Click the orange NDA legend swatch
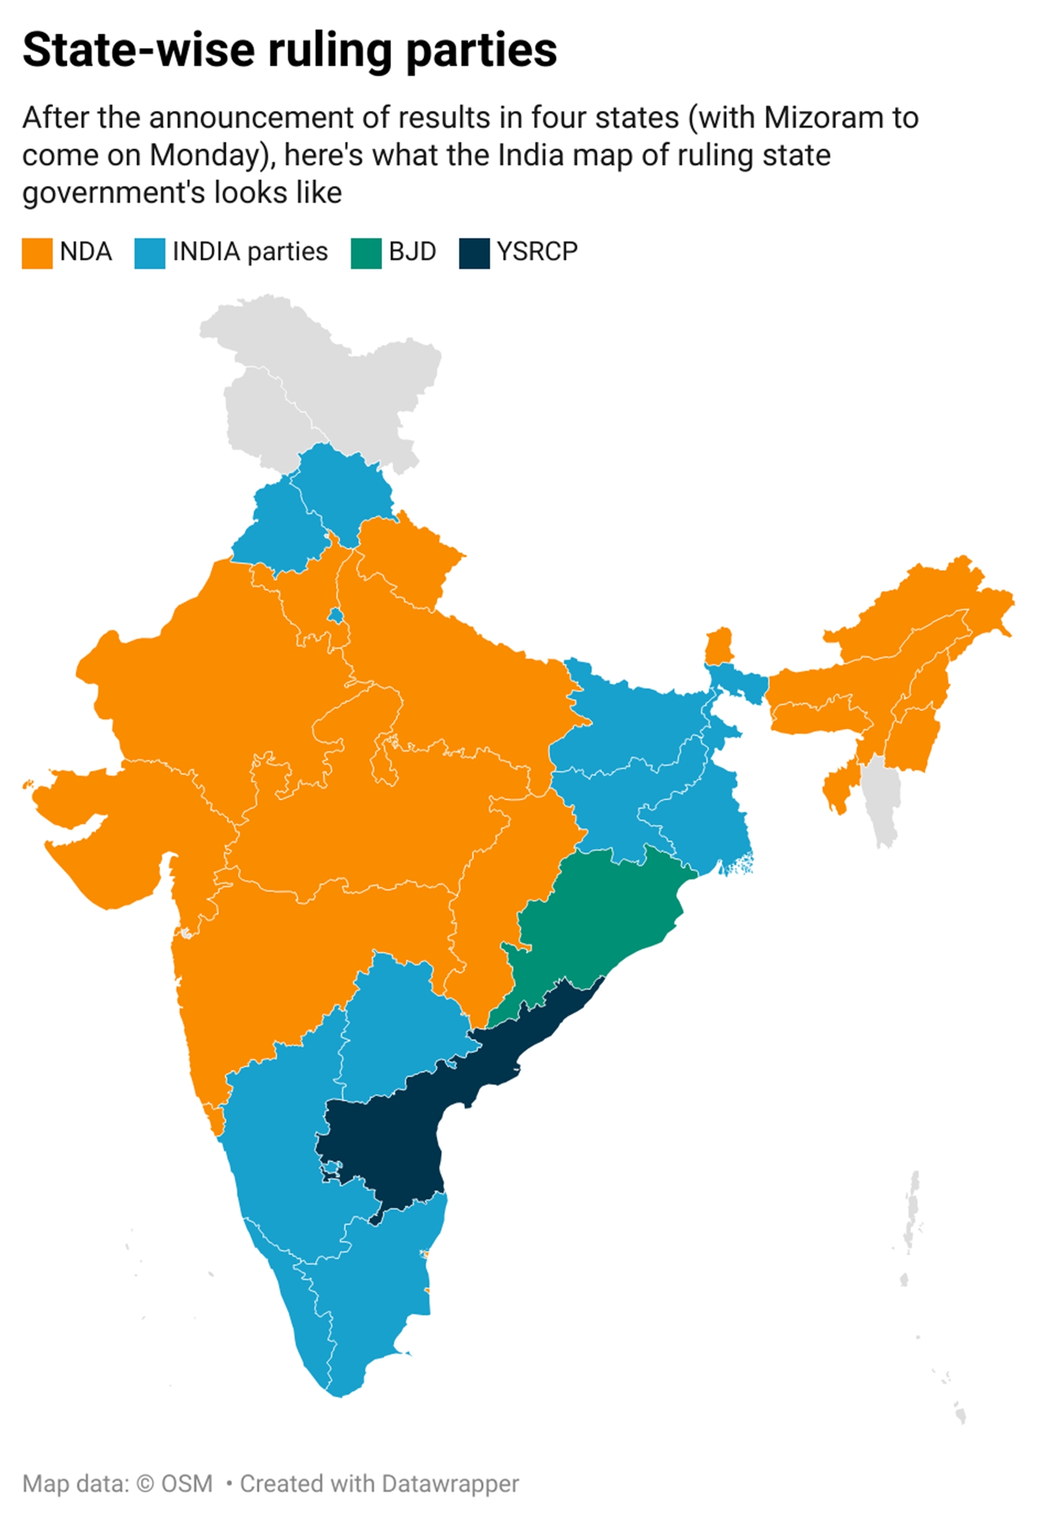[37, 253]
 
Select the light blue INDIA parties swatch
[149, 253]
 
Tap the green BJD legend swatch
[366, 253]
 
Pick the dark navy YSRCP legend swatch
[474, 253]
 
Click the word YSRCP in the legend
[537, 252]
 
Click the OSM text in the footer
[187, 1483]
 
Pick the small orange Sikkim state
[719, 646]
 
